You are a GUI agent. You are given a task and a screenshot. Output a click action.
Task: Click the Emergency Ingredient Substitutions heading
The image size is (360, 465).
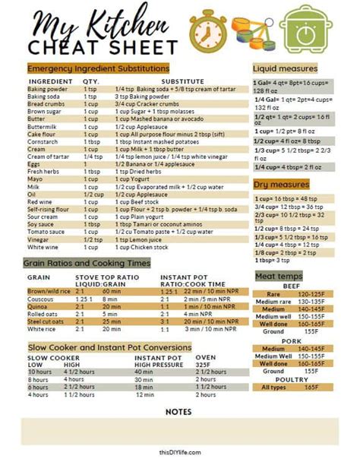click(98, 68)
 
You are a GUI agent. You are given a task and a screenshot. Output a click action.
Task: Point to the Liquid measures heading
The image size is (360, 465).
click(285, 68)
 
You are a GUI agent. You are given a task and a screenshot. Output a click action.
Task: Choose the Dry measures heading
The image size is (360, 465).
click(281, 184)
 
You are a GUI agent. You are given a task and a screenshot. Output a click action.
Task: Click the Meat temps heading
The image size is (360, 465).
click(279, 276)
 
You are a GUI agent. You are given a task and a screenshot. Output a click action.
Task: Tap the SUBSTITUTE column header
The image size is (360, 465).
click(182, 81)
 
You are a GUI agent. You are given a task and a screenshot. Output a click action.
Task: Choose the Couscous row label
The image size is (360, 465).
click(40, 299)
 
